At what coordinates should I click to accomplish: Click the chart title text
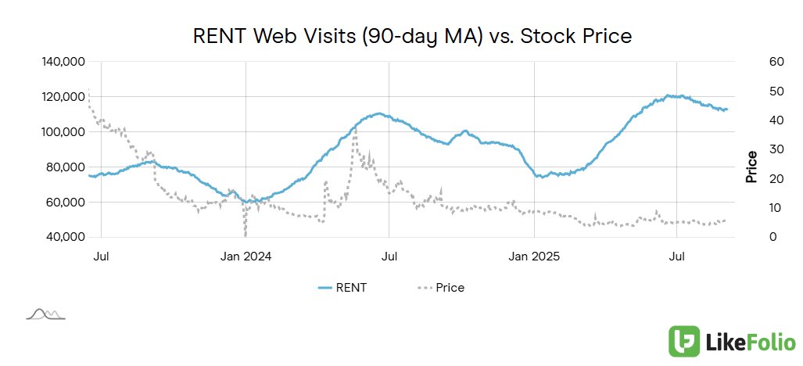point(412,36)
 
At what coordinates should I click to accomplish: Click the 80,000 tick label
point(66,167)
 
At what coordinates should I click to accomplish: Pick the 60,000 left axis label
point(66,202)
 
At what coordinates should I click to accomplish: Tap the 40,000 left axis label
point(66,237)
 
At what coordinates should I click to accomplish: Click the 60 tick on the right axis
point(755,62)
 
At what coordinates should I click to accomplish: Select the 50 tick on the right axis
point(755,91)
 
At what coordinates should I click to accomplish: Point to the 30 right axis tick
point(755,149)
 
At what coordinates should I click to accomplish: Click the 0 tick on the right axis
point(751,237)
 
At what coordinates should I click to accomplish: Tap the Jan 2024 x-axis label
point(246,256)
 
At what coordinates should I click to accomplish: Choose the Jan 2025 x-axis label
point(535,256)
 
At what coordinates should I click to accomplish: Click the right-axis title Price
point(751,167)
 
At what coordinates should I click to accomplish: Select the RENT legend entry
point(342,288)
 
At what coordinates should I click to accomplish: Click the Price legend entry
point(441,288)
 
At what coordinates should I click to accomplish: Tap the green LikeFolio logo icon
point(684,342)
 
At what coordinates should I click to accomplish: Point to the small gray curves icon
point(45,314)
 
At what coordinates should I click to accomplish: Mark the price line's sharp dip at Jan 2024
point(246,232)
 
